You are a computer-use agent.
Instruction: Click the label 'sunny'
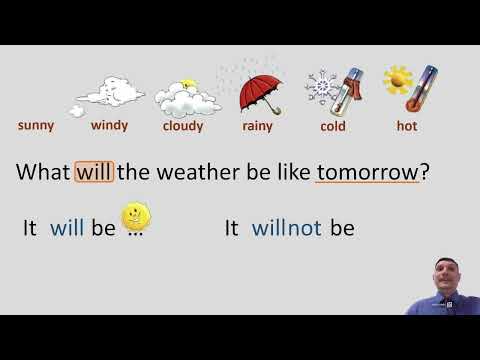pos(36,126)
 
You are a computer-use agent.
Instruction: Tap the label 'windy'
pos(109,126)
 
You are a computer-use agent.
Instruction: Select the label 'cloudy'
pos(183,126)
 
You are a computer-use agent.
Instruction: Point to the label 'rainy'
pos(257,126)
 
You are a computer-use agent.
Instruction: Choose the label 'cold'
pos(333,126)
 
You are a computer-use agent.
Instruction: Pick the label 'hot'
pos(408,126)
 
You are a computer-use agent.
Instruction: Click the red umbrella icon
pos(260,90)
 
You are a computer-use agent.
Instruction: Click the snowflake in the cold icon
pos(322,85)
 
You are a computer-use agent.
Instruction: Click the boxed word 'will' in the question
pos(95,172)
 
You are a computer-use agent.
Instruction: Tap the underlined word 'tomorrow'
pos(367,172)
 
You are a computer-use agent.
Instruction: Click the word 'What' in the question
pos(43,172)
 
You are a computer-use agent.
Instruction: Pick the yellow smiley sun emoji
pos(134,216)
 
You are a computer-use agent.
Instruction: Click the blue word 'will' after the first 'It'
pos(67,228)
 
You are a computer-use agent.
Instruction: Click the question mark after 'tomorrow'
pos(425,172)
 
